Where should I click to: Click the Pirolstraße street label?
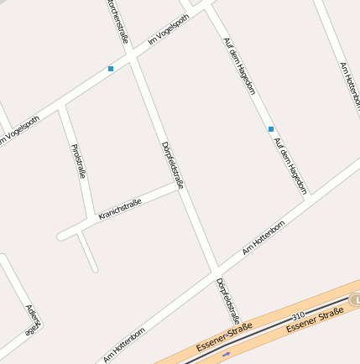click(x=80, y=161)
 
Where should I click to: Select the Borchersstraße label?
click(x=118, y=20)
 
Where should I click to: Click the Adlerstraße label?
click(x=33, y=320)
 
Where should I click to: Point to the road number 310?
click(x=297, y=315)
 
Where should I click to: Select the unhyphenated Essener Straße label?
click(x=315, y=320)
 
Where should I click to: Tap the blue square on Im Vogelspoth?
click(x=111, y=69)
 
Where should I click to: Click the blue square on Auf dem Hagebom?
click(x=270, y=129)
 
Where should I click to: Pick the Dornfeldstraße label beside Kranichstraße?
click(x=172, y=164)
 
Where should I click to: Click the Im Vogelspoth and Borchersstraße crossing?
click(x=132, y=57)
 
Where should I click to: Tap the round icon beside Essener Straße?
click(x=355, y=299)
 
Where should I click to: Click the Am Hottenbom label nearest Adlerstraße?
click(x=123, y=345)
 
